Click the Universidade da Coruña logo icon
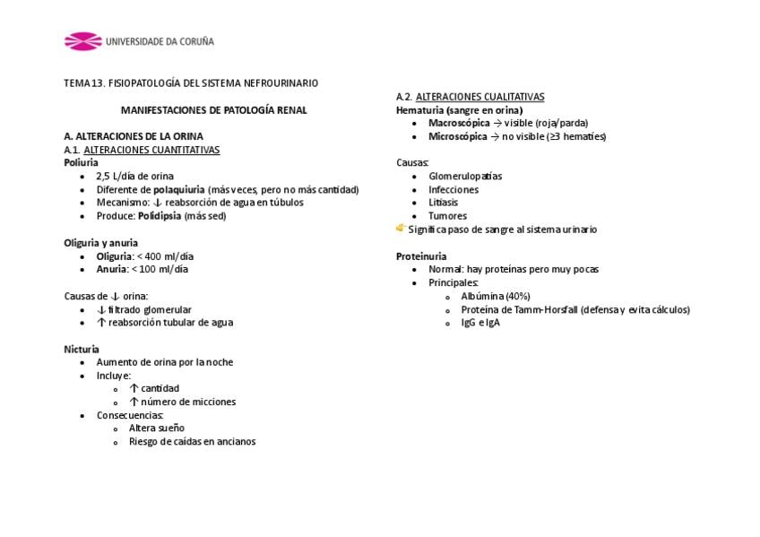point(82,41)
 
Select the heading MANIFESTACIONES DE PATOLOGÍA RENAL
point(214,110)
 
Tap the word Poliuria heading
point(82,163)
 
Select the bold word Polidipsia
point(160,216)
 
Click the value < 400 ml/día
point(164,256)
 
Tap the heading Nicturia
point(82,349)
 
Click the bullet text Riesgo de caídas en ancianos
point(192,441)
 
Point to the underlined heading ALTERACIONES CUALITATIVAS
point(480,97)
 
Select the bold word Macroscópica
point(459,123)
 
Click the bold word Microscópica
point(458,136)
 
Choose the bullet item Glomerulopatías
point(465,177)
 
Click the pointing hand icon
point(401,229)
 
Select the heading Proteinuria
point(421,256)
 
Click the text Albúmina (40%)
point(496,296)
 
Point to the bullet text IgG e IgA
point(480,323)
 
